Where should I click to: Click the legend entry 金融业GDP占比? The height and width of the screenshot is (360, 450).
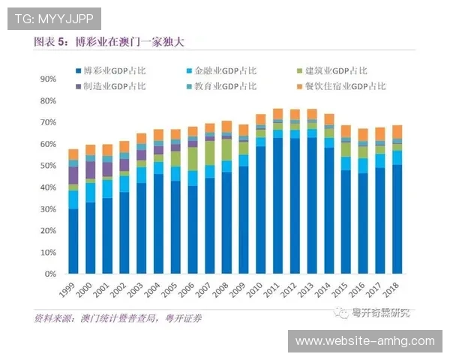(223, 71)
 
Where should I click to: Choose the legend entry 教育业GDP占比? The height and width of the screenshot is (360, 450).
(223, 86)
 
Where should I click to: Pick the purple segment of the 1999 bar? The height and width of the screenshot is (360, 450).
(73, 175)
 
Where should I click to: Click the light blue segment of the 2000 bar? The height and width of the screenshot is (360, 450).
(91, 192)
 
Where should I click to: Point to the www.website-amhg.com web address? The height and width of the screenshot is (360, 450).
(364, 341)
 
